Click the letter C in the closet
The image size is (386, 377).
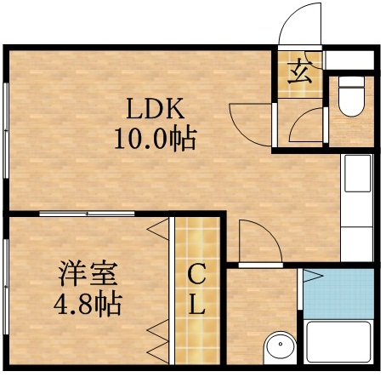(x=196, y=274)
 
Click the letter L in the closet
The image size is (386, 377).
(x=196, y=305)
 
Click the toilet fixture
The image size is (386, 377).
(x=349, y=99)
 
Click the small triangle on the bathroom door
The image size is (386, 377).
(x=311, y=276)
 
